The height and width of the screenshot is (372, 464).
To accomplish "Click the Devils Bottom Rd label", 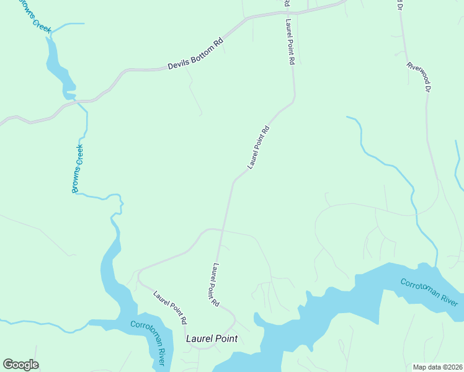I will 195,55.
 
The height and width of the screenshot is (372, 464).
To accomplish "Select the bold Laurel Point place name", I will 212,339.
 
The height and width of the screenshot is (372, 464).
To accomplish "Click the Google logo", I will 20,365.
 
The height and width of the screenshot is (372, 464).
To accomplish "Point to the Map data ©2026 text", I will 437,367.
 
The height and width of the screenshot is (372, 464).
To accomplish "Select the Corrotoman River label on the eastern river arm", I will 429,293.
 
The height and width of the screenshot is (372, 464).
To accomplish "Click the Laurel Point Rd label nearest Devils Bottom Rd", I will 289,42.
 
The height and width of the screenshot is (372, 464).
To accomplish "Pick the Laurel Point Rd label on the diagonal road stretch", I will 259,148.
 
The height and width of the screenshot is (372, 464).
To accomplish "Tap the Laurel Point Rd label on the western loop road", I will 170,309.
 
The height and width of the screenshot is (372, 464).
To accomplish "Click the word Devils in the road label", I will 177,64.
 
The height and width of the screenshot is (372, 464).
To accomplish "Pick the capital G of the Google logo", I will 9,364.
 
